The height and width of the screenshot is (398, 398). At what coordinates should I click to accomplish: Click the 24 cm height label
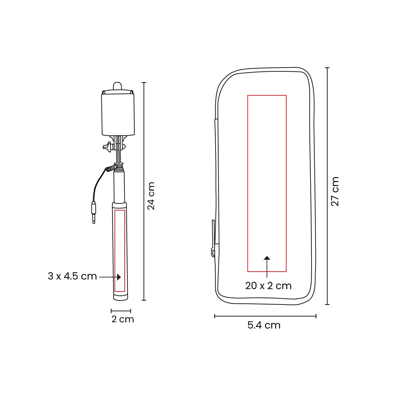[x=151, y=196]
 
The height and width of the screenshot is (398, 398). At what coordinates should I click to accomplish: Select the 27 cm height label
[x=335, y=191]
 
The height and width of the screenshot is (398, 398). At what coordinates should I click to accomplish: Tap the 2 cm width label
[x=123, y=319]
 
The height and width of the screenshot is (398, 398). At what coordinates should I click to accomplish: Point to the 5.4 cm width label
[x=264, y=325]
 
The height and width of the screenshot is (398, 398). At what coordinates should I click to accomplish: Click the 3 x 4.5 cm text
[x=72, y=276]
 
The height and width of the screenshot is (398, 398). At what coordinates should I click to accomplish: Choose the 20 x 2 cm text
[x=268, y=286]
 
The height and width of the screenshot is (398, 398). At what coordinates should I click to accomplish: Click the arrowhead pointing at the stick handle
[x=119, y=277]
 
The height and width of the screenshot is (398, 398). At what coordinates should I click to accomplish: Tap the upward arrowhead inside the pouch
[x=267, y=258]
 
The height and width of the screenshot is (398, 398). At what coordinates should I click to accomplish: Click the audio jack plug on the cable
[x=94, y=213]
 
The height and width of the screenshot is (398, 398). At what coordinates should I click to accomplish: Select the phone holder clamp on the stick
[x=118, y=114]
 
